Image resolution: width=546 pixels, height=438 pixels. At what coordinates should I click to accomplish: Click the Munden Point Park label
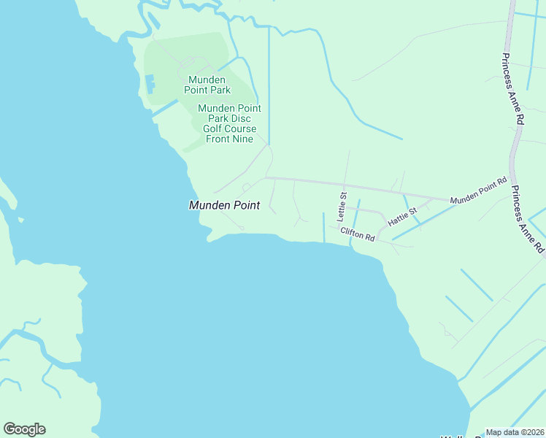[x=209, y=85]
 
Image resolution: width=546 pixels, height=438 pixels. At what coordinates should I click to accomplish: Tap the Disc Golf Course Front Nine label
[x=229, y=124]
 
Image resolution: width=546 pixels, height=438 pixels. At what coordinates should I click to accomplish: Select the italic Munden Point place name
[x=224, y=206]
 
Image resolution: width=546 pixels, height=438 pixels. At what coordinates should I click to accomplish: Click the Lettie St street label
[x=341, y=207]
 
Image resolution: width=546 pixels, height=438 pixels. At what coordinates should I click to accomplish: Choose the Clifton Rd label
[x=358, y=234]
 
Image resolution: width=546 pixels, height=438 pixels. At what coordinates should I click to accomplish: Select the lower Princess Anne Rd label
[x=528, y=220]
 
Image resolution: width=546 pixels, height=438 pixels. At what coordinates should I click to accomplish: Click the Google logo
[x=24, y=429]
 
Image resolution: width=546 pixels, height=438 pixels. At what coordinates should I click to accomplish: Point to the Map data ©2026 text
[x=515, y=432]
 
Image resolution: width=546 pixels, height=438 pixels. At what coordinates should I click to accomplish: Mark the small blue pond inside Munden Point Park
[x=150, y=83]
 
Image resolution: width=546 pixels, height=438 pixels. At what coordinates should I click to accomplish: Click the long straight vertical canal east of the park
[x=269, y=88]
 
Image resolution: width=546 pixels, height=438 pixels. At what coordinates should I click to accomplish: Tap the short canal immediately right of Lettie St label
[x=356, y=215]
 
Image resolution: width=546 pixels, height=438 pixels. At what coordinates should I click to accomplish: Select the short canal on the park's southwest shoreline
[x=164, y=109]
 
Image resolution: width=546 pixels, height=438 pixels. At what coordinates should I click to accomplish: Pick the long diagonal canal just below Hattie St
[x=423, y=222]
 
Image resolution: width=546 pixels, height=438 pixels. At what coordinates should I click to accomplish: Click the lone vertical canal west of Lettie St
[x=323, y=227]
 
